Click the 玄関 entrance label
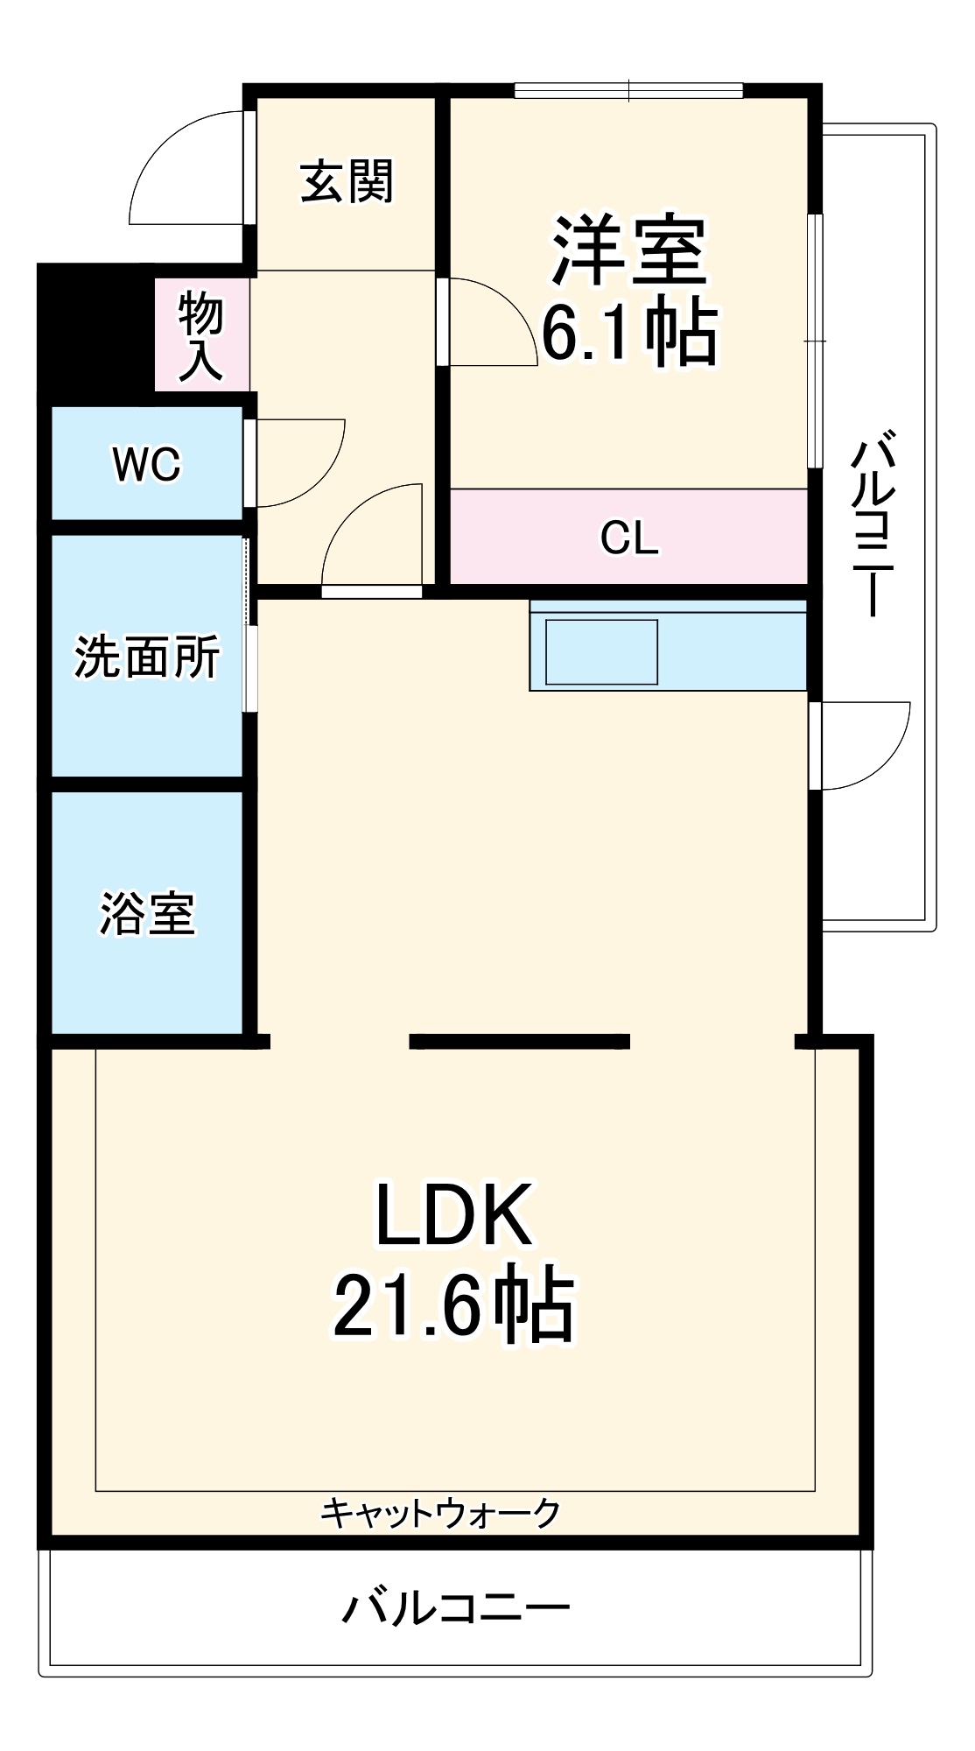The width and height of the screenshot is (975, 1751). click(347, 181)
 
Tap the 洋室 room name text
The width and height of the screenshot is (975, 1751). click(628, 251)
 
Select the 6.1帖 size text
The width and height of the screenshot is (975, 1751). click(628, 334)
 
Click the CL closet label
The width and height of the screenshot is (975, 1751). click(628, 538)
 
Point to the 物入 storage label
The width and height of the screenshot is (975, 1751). click(201, 337)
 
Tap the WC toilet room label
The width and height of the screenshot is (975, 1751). click(146, 464)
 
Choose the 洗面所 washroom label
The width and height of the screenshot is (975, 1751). click(146, 656)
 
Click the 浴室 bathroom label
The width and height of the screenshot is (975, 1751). click(146, 913)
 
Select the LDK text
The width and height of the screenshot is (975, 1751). click(453, 1215)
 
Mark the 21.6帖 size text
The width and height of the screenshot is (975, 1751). click(453, 1307)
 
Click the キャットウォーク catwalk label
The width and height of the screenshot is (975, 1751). click(439, 1512)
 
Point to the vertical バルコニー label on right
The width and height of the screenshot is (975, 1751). click(873, 523)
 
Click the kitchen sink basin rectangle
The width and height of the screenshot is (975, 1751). click(601, 651)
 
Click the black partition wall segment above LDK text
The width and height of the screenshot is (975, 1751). click(520, 1041)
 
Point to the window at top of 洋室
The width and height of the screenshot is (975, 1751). click(628, 90)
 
